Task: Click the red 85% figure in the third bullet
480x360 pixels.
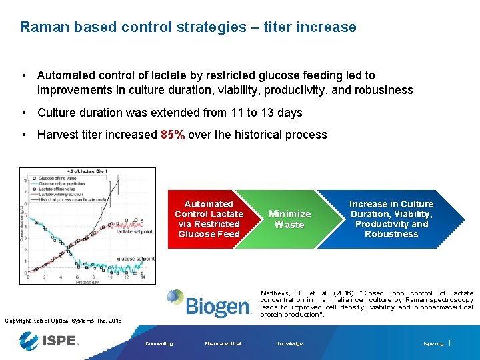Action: pos(173,135)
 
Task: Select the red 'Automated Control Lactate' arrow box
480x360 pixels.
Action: pos(208,219)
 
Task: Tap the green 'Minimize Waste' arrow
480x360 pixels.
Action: pos(289,219)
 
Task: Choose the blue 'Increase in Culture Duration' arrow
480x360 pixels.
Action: pos(391,219)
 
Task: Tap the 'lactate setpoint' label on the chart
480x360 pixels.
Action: pos(135,231)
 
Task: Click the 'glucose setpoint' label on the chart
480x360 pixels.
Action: pos(135,259)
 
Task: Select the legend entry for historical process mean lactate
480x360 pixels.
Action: pos(73,199)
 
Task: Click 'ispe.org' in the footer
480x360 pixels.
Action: pos(433,344)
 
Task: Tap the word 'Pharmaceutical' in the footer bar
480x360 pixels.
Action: pos(223,344)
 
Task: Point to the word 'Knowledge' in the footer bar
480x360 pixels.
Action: pos(289,344)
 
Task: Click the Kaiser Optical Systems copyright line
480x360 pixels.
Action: pos(63,321)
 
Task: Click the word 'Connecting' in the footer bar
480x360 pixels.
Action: pos(159,344)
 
